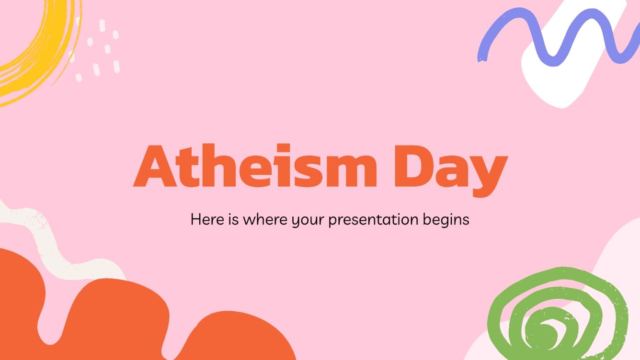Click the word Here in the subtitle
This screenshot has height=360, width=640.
pyautogui.click(x=206, y=220)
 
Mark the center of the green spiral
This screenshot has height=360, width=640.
pyautogui.click(x=546, y=330)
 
